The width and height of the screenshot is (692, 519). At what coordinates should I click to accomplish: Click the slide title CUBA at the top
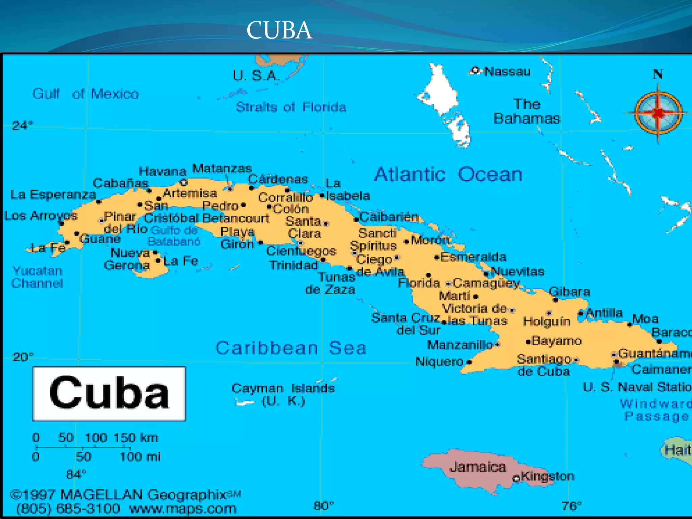pos(279,30)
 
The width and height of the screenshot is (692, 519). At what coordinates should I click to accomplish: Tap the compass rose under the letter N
pos(658,113)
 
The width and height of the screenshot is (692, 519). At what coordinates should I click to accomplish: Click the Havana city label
pos(163,171)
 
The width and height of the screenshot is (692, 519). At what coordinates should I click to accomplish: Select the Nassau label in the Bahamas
pos(507,72)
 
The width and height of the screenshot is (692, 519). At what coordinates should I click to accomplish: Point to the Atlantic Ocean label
pos(448,174)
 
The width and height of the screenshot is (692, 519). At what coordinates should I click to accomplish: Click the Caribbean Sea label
pos(291,348)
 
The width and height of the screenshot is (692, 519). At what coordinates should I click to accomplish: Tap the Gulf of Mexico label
pos(85,94)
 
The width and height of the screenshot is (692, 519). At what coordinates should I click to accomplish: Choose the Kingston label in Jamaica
pos(547,476)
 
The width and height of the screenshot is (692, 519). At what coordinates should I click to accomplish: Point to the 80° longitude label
pos(323,506)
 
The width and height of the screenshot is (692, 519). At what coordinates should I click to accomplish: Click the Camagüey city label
pos(486,283)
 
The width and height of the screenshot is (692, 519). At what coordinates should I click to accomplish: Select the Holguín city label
pos(547,321)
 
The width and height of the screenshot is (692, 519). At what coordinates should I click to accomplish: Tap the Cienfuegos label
pos(301,251)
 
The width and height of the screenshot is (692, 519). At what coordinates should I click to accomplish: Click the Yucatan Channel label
pos(37,277)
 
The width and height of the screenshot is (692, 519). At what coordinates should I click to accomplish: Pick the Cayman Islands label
pos(283,389)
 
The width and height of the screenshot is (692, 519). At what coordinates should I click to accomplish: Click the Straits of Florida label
pos(291,107)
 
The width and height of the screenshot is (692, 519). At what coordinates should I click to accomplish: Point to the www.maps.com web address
pos(183,509)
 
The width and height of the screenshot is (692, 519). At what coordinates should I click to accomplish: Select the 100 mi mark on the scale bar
pos(140,457)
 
